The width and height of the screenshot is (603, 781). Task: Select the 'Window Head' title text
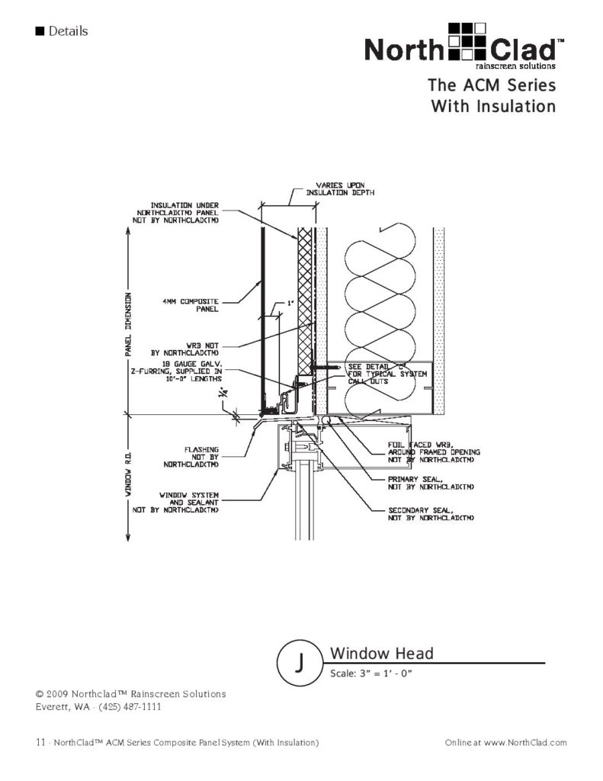381,654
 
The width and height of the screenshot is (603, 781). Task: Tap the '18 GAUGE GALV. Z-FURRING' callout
184,371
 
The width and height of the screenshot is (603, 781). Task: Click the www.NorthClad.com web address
525,742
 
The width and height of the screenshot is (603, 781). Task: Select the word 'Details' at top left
68,31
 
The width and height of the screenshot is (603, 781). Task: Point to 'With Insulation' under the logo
493,106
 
